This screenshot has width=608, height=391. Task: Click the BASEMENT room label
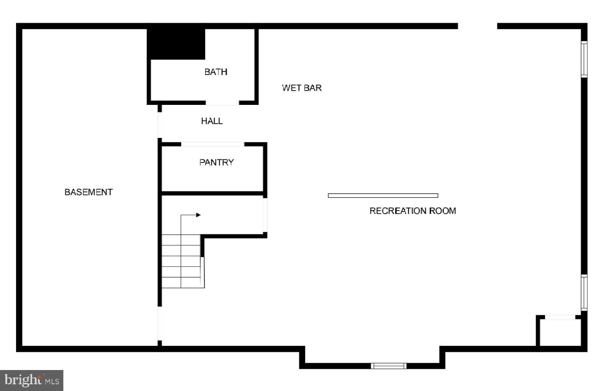pos(88,192)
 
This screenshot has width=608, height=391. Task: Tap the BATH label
pos(216,72)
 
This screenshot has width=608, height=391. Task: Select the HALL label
pos(212,121)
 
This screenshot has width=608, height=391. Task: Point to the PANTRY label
pos(216,162)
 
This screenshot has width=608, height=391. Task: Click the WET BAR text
pos(302,88)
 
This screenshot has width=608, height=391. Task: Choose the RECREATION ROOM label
pos(413,211)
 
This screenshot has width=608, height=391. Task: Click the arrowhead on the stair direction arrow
pos(198,215)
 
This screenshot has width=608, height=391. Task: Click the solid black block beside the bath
pos(176,43)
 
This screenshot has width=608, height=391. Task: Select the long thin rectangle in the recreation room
pos(383,195)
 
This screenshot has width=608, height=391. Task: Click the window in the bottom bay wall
pos(389,366)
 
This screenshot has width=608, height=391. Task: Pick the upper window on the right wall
pos(584,59)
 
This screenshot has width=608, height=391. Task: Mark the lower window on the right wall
pos(584,292)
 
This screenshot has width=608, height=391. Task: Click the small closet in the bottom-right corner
pos(560,332)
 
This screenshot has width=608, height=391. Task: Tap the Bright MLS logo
pos(31,380)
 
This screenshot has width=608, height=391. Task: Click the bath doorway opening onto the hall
pos(222,103)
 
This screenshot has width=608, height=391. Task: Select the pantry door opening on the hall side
pos(213,144)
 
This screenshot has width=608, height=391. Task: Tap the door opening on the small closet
pos(560,317)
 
